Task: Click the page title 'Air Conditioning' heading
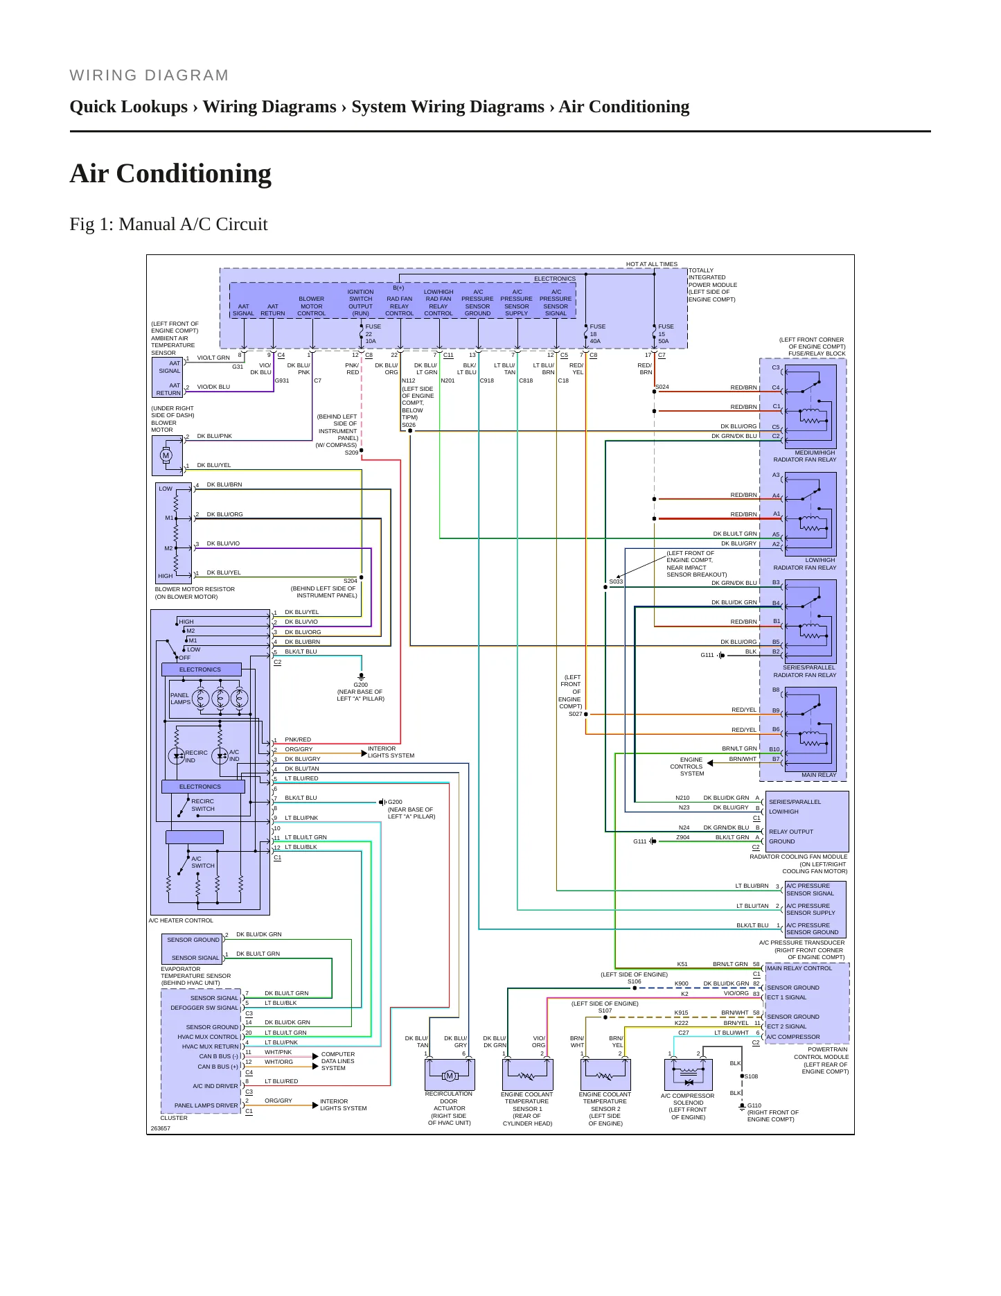pos(170,173)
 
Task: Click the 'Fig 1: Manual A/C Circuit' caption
pos(168,225)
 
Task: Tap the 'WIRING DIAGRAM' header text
pos(149,76)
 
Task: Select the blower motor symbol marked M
pos(166,455)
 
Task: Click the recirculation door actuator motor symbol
pos(450,1076)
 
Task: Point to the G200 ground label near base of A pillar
pos(360,685)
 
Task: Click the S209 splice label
pos(351,453)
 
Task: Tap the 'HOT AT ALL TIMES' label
pos(652,264)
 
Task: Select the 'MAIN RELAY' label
pos(819,775)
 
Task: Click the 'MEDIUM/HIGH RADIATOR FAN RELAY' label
pos(805,456)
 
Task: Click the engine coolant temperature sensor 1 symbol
pos(527,1075)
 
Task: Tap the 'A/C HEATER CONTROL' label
pos(181,920)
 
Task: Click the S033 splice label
pos(616,581)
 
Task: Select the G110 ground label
pos(754,1105)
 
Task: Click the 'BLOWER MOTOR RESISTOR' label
pos(195,589)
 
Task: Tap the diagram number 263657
pos(161,1128)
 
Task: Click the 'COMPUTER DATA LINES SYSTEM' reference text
pos(338,1061)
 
